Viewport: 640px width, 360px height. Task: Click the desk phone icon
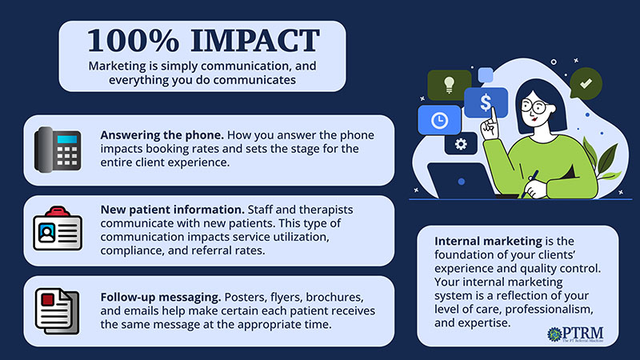58,150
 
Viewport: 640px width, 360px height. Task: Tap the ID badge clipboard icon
58,228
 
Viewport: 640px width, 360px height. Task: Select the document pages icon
57,311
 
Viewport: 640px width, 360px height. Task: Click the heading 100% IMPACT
203,41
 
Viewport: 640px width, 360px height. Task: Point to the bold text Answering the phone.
162,135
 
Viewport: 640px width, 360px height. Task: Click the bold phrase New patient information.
172,210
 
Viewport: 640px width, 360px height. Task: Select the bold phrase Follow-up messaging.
161,297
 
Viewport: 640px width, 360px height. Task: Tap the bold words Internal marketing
488,242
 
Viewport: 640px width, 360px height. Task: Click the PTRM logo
575,334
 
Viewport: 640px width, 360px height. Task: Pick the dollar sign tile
486,102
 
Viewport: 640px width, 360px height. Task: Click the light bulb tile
449,85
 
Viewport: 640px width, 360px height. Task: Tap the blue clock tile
439,120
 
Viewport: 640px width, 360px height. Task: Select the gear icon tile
461,144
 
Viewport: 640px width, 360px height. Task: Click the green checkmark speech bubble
586,84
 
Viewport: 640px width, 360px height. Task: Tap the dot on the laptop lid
462,182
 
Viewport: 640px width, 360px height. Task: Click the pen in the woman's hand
530,183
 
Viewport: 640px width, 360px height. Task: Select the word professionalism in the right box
549,310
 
